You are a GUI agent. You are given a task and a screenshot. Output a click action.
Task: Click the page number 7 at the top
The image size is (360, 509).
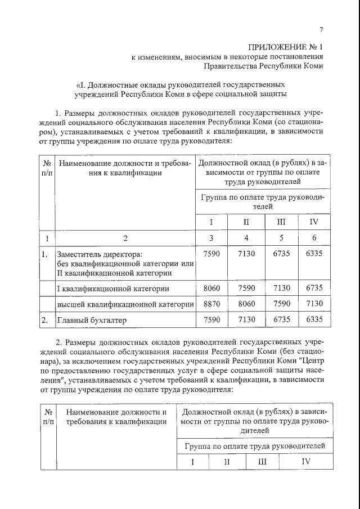point(321,30)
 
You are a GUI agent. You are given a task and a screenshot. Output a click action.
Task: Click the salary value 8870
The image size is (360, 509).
point(211,304)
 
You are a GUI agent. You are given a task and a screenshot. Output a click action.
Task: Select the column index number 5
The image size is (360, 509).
point(281,237)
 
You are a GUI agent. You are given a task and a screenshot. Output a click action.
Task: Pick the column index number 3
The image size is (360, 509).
point(211,237)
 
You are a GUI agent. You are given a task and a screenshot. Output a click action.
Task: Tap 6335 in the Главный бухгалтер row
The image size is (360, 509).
point(314,320)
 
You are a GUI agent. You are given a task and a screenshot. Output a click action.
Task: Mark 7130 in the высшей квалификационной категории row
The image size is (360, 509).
point(314,304)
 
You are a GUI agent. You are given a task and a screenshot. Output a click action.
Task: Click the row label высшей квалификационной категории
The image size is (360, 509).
point(125,304)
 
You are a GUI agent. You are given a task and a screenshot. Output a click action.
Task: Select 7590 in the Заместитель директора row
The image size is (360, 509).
point(211,254)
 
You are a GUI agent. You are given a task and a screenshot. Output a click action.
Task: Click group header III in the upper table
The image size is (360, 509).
point(281,222)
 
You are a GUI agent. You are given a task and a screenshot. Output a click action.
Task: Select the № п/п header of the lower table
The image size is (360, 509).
point(48,417)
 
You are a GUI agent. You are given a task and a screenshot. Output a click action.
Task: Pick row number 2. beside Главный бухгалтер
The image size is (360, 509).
point(44,320)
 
